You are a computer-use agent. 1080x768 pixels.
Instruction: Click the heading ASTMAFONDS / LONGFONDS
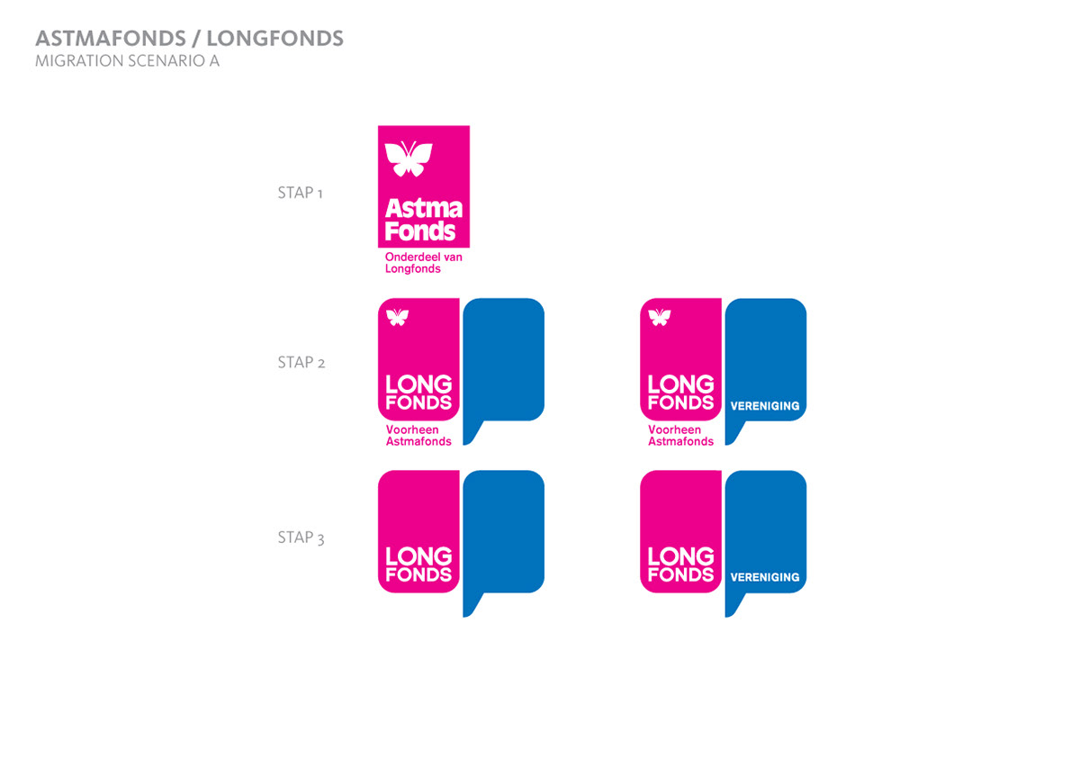point(189,39)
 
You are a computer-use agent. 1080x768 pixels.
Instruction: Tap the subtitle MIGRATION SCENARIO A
point(127,62)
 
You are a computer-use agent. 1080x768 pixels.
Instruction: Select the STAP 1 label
point(300,193)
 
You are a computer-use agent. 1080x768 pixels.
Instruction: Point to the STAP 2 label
point(301,363)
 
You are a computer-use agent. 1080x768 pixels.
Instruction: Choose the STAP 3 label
point(301,538)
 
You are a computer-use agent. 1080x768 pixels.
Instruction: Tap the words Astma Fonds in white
point(423,220)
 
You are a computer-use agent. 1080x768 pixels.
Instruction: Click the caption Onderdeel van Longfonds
point(423,263)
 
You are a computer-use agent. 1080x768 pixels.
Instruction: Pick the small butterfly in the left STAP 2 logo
point(397,316)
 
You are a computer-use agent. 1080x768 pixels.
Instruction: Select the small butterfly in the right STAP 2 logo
point(660,316)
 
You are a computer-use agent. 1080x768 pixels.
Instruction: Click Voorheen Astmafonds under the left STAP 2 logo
point(418,436)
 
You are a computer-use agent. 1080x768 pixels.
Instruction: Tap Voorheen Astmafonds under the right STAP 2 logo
point(680,436)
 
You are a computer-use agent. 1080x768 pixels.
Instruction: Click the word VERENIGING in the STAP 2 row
point(765,406)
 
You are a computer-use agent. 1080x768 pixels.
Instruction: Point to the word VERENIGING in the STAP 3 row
point(765,577)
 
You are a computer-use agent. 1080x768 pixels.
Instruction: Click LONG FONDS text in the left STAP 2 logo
point(418,393)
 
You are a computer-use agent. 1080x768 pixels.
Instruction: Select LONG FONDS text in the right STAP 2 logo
point(680,393)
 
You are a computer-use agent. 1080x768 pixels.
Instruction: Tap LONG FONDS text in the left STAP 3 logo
point(418,565)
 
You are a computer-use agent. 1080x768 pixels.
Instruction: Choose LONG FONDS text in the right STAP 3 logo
point(680,565)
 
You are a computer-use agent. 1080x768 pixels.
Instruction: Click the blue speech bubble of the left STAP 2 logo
point(503,360)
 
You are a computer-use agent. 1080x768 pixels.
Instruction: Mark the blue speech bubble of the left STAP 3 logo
point(503,531)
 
